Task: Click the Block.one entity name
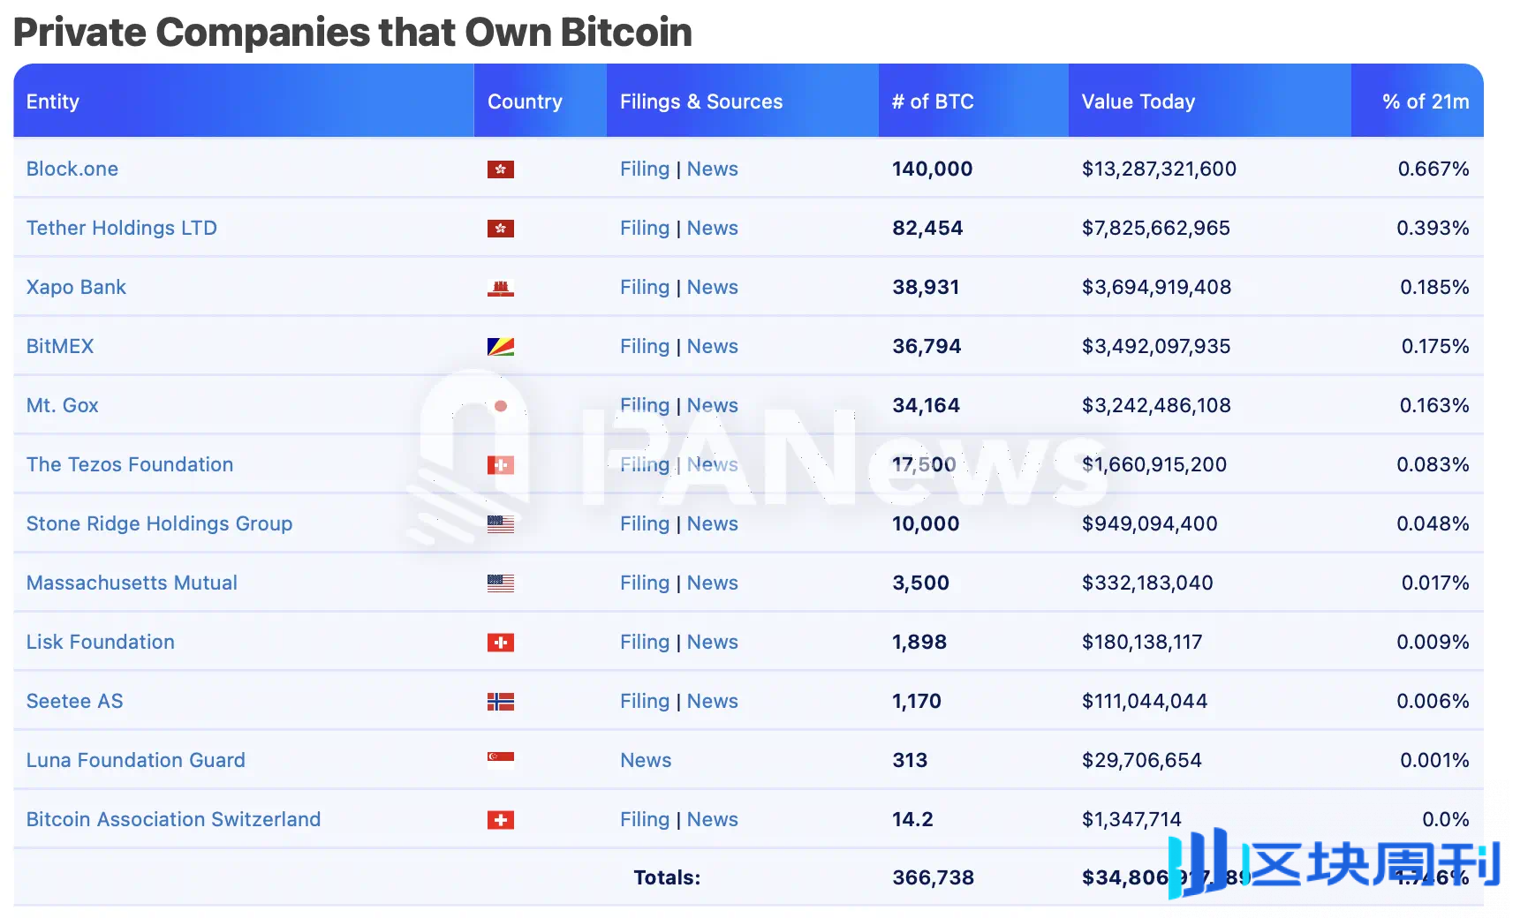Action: click(x=72, y=169)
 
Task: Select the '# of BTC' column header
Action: click(x=933, y=102)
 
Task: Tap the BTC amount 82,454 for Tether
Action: click(x=927, y=228)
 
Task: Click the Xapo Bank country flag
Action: click(x=501, y=288)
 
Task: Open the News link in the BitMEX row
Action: click(x=713, y=346)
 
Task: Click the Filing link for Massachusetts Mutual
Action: click(x=645, y=583)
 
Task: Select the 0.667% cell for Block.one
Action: click(x=1433, y=169)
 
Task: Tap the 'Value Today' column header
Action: click(x=1138, y=102)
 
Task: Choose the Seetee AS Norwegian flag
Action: click(x=501, y=702)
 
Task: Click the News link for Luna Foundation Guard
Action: click(x=646, y=760)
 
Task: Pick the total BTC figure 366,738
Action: click(x=934, y=877)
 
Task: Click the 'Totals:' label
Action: click(x=667, y=877)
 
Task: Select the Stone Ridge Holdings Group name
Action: click(x=159, y=523)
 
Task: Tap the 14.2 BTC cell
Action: click(x=912, y=819)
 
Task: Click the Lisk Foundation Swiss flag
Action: click(x=501, y=643)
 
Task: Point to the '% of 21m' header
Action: click(x=1426, y=102)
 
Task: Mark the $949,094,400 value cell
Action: click(x=1150, y=523)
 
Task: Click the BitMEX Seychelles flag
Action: click(x=501, y=347)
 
